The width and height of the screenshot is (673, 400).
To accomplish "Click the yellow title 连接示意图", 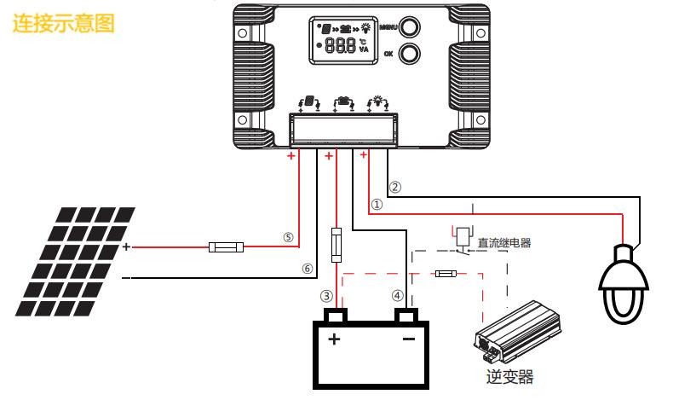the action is (x=64, y=23).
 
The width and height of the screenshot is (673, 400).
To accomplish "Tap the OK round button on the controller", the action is (x=409, y=54).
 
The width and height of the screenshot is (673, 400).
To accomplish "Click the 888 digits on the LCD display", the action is (x=341, y=44).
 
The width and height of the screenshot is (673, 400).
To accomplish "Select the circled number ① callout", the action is (x=377, y=204).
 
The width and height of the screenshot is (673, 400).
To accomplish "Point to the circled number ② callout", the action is (x=395, y=187).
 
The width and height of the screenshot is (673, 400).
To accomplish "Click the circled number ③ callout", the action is (x=326, y=296).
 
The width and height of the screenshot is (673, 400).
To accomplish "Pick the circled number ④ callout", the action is (x=398, y=295).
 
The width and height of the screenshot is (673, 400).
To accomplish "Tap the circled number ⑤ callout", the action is (x=288, y=237).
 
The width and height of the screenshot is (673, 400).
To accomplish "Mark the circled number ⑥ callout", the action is (x=307, y=269).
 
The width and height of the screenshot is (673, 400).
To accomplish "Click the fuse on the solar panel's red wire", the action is (x=227, y=247).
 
